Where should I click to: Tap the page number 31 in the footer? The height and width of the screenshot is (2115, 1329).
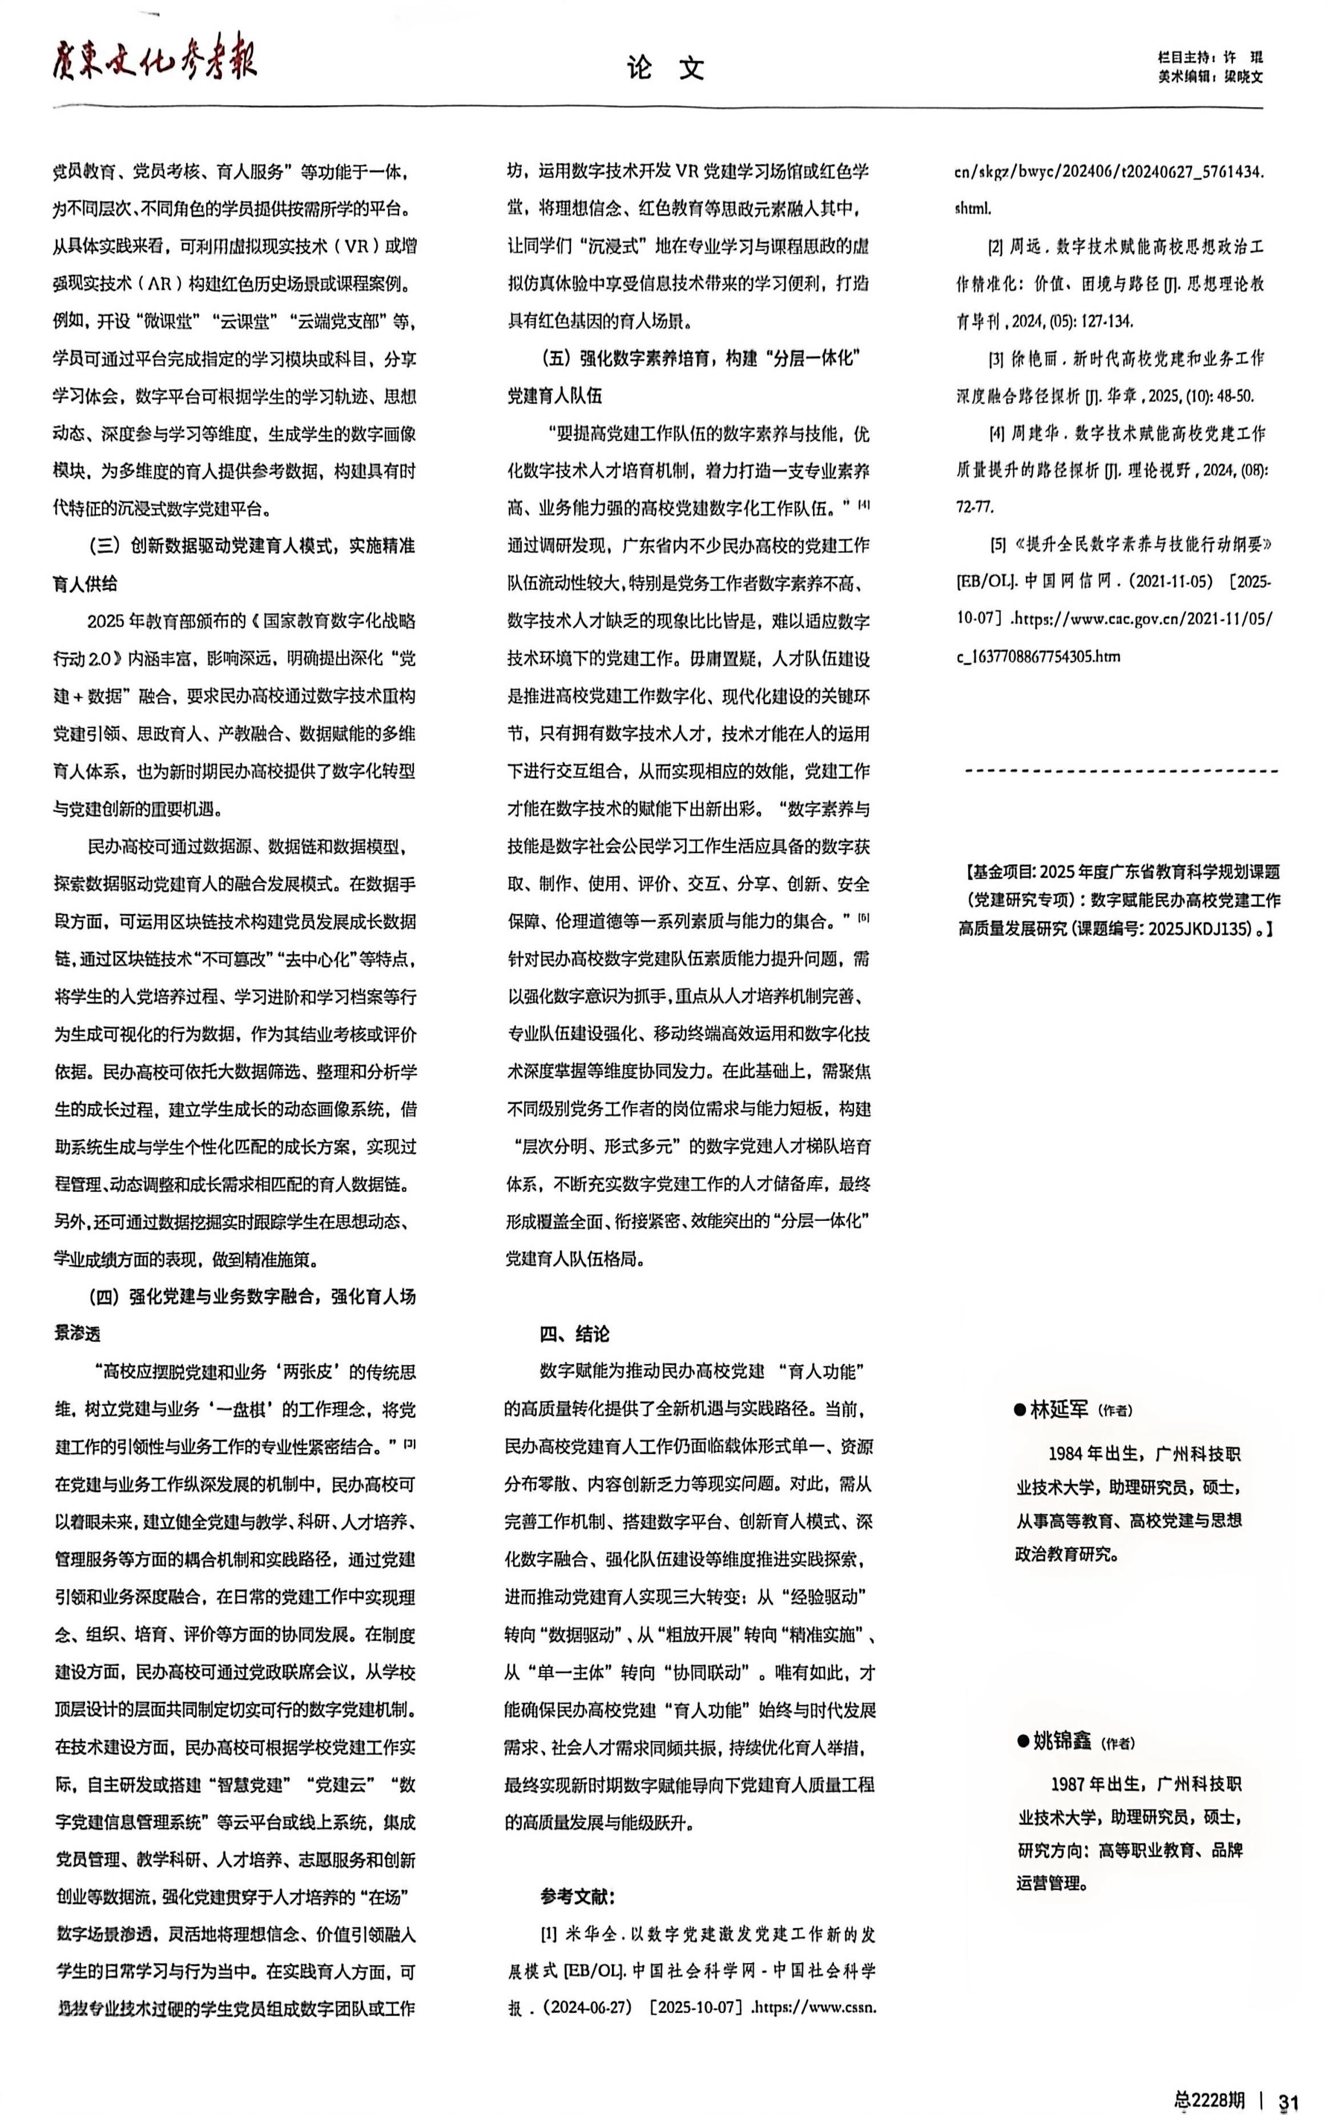click(x=1288, y=2095)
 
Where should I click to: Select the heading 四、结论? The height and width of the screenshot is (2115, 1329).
click(x=574, y=1333)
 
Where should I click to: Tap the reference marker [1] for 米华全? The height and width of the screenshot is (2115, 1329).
click(x=548, y=1934)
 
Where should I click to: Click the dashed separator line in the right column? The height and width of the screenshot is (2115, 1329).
click(x=1121, y=771)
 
